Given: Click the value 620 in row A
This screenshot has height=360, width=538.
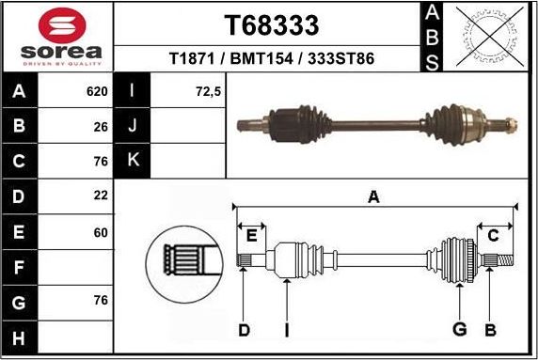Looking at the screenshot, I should point(97,92).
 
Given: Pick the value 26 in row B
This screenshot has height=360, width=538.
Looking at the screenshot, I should point(101,125).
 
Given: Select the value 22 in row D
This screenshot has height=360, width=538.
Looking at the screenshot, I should point(101,195).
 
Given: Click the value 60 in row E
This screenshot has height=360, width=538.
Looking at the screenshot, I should point(101,231).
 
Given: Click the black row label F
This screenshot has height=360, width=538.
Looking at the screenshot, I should point(20,268).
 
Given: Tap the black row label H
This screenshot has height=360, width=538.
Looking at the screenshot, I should point(20,337).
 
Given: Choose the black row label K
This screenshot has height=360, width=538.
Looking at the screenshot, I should point(133,160).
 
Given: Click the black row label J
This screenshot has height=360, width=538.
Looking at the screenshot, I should point(133,126).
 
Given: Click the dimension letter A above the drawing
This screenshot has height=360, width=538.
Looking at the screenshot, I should point(373,196).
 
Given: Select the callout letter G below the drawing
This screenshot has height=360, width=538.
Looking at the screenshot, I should point(460,329).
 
